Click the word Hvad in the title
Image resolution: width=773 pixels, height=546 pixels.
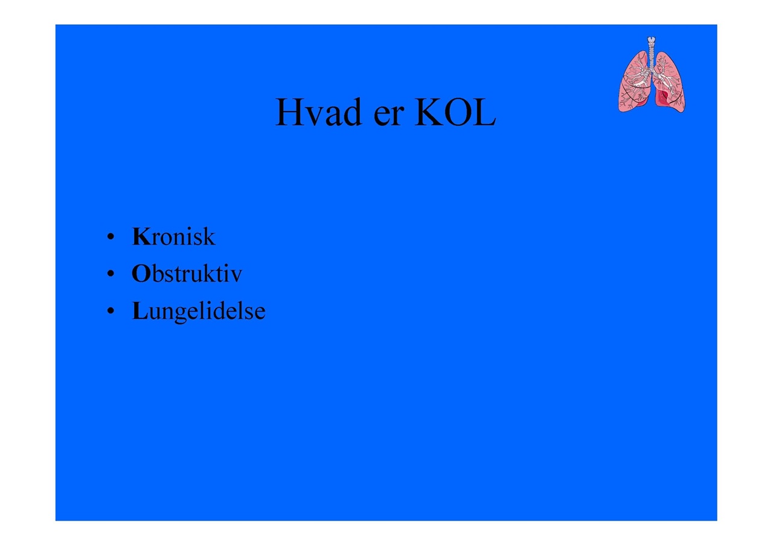point(318,112)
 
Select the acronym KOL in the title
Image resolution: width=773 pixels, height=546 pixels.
point(455,112)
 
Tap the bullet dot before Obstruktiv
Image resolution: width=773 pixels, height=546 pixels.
point(111,274)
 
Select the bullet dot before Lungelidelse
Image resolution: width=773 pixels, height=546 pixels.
point(111,311)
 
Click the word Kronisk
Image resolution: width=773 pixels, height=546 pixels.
point(173,237)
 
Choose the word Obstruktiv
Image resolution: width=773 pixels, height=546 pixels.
point(187,274)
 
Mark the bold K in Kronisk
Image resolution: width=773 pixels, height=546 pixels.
point(141,237)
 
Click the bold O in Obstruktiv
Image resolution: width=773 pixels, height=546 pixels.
point(141,274)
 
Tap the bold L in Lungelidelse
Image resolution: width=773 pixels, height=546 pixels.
point(140,311)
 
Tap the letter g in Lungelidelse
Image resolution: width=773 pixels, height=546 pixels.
point(181,315)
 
